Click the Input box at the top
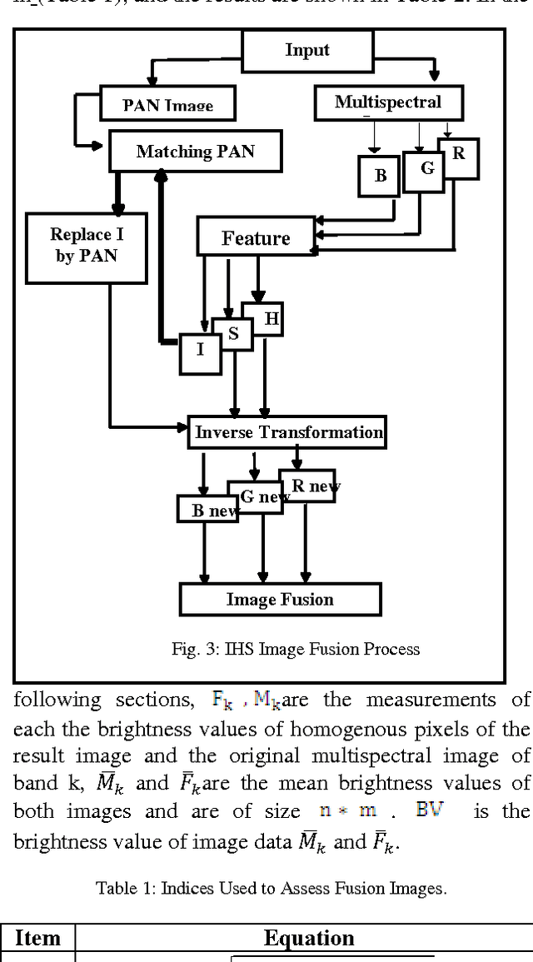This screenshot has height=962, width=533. pos(307,50)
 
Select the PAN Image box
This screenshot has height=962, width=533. pos(167,104)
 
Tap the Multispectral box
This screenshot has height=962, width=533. pos(387,102)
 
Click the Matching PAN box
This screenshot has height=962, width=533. pos(195,152)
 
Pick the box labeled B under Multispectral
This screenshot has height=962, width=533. pos(380,176)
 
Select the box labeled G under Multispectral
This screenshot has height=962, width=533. pos(425,170)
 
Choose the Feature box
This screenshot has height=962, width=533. pos(256,238)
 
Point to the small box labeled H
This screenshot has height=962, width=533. pos(268,319)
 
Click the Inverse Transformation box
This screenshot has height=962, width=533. pos(287,432)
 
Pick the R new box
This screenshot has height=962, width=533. pos(307,486)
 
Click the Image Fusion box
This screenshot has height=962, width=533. pos(280,600)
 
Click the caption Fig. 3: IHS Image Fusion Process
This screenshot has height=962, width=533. pos(296,649)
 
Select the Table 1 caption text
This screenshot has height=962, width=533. pos(271,888)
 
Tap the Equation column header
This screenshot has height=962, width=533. pos(309,938)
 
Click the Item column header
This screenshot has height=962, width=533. pos(37,938)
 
